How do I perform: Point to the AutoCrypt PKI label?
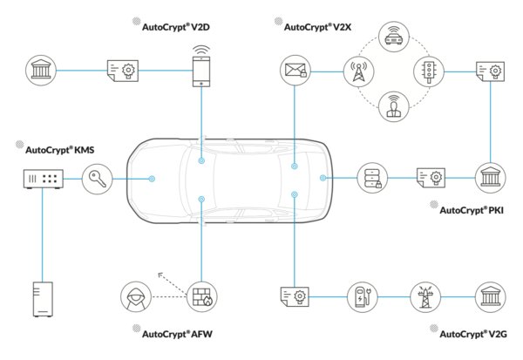pos(472,210)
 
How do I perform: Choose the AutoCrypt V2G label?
pos(472,334)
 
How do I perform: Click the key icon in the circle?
pos(97,179)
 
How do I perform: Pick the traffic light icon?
pos(428,69)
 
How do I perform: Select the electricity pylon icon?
pos(427,296)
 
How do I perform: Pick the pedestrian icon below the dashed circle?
pos(392,106)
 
